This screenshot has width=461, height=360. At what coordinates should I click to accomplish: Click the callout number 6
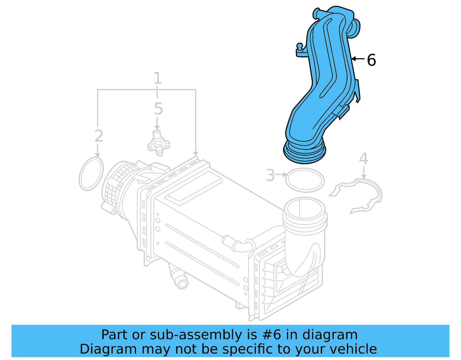coord(371,60)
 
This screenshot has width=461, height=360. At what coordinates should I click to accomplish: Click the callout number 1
coord(157,78)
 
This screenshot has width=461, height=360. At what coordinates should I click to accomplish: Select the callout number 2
coord(99,136)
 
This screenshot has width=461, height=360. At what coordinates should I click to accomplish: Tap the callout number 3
coord(270,175)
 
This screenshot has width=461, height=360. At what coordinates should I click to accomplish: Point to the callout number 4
coord(363,159)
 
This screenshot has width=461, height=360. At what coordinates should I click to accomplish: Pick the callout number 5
coord(158,109)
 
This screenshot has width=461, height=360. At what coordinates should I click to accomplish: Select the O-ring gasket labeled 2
coord(91,174)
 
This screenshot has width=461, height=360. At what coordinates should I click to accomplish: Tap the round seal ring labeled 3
coord(305,180)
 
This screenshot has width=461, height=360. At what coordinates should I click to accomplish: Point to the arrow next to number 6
coord(358,59)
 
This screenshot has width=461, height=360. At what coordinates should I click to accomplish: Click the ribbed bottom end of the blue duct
coord(305,152)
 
